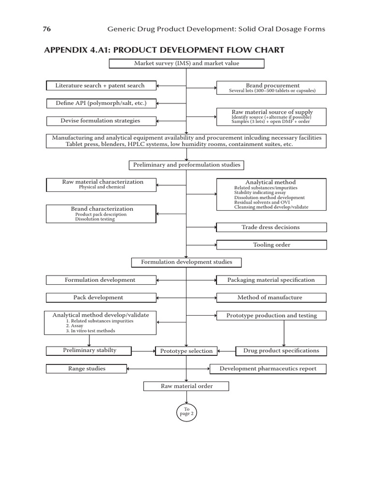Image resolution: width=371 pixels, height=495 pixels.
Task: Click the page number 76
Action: click(47, 29)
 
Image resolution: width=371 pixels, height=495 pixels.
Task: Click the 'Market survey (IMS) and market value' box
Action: click(186, 63)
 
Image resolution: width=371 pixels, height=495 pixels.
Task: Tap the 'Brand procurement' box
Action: click(271, 87)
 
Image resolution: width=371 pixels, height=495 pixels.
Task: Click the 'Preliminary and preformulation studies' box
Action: click(186, 165)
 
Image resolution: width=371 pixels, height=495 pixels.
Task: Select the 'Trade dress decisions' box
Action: click(271, 227)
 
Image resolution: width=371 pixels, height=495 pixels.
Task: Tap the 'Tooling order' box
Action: click(271, 245)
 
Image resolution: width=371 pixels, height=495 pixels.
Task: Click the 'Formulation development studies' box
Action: click(186, 262)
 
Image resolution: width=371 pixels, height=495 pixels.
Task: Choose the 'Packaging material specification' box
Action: click(271, 280)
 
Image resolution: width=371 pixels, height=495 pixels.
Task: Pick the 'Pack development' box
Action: click(101, 297)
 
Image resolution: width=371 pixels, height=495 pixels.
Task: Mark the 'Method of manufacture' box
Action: click(271, 297)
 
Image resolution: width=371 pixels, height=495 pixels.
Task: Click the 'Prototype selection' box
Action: click(186, 351)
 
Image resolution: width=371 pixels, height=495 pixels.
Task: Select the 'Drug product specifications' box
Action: click(281, 350)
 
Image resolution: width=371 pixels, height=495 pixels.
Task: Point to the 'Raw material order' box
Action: click(186, 386)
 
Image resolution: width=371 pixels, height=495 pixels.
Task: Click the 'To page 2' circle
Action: click(186, 412)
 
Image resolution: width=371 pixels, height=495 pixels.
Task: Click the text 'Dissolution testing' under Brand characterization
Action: click(95, 219)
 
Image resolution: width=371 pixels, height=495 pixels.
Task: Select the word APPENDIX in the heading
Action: click(67, 50)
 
